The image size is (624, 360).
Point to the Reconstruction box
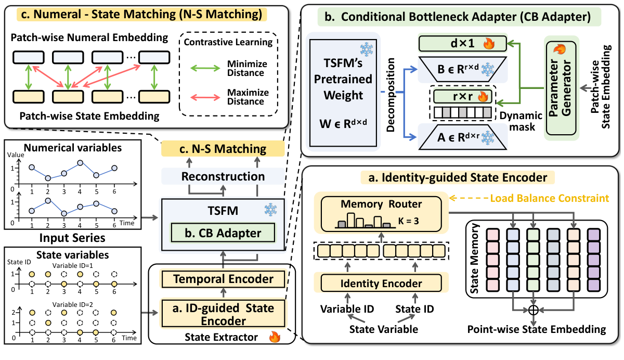(x=224, y=177)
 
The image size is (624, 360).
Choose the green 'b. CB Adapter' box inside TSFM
(x=224, y=232)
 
